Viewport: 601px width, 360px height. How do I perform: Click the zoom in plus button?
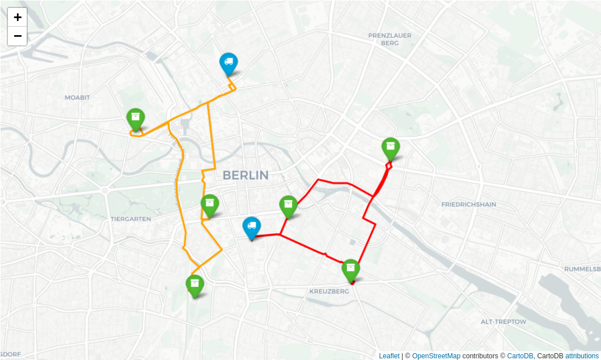pos(18,17)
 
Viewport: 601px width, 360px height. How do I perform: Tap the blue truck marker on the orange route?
pos(228,63)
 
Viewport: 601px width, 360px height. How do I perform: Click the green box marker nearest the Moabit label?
pos(136,119)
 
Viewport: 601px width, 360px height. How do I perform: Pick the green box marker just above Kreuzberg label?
pos(351,270)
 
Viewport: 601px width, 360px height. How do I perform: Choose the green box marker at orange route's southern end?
pos(194,285)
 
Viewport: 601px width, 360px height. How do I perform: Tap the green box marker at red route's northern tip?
pos(391,149)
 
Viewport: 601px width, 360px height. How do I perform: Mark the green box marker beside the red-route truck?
pos(289,206)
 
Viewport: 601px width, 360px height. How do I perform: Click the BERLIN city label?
pos(246,175)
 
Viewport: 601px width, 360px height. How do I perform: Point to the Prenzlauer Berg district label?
pos(390,39)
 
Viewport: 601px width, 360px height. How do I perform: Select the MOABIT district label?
pos(77,98)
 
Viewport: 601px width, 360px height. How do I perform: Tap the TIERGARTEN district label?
pos(130,219)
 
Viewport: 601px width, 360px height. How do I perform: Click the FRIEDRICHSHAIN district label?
pos(468,204)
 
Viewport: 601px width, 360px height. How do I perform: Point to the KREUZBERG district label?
pos(329,291)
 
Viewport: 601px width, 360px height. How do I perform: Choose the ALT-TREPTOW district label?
pos(503,321)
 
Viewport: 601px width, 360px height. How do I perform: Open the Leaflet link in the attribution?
pos(389,355)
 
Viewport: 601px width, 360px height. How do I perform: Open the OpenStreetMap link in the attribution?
pos(436,355)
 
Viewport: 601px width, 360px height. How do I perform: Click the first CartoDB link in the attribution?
pos(520,355)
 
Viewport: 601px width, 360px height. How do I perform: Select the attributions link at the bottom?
pos(582,355)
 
